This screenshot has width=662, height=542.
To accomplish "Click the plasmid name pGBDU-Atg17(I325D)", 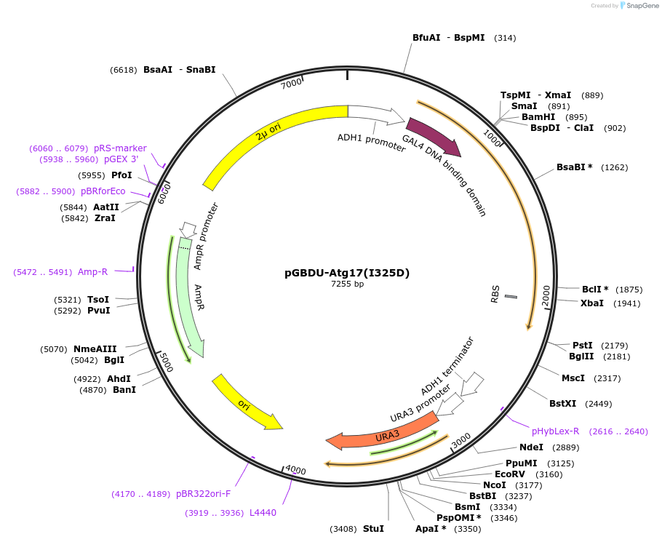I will [347, 274].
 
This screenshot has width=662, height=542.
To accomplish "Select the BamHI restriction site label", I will [538, 117].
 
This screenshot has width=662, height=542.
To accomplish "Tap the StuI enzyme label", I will [373, 529].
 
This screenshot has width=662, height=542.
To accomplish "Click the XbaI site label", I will [591, 303].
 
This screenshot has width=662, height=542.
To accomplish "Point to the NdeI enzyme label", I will [531, 447].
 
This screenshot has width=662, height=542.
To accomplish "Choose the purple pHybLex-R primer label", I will [556, 431].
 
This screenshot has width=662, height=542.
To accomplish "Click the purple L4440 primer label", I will [263, 513].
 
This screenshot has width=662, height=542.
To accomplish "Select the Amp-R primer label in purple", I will [92, 272].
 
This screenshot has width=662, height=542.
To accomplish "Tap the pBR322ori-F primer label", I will [203, 494].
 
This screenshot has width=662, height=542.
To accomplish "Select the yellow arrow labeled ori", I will [247, 403].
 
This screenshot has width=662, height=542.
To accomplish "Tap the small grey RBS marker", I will [511, 297].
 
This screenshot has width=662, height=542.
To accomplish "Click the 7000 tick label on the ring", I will [291, 84].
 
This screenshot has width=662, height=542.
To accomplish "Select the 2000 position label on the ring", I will [546, 295].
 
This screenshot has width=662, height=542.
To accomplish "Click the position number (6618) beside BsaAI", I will [123, 70].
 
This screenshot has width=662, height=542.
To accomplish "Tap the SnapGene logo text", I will [643, 6].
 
